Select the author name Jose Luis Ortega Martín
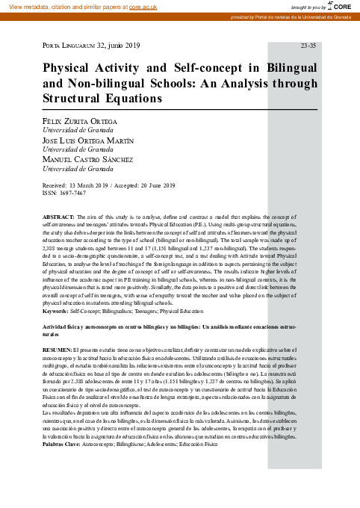[x=88, y=140]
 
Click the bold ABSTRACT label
[x=59, y=215]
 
